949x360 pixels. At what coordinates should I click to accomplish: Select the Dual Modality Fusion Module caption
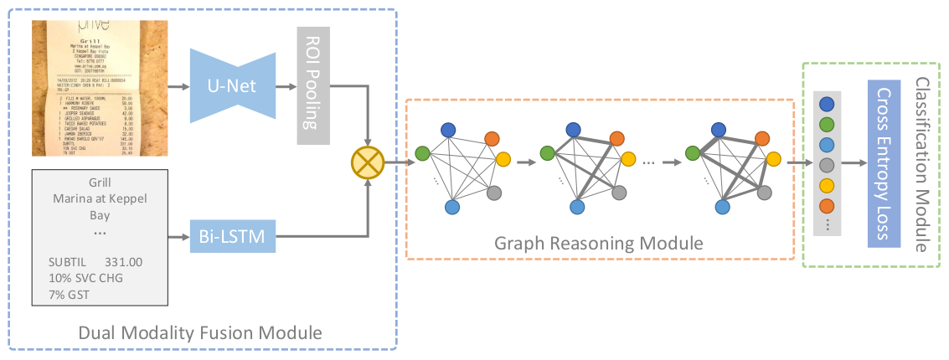(x=199, y=333)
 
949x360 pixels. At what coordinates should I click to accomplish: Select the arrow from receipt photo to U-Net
(x=178, y=85)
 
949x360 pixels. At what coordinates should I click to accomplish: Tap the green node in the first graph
(x=422, y=153)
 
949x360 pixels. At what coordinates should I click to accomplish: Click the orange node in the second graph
(x=617, y=139)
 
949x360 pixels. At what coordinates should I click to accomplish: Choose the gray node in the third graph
(x=763, y=193)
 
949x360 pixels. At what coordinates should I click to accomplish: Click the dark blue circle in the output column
(x=828, y=105)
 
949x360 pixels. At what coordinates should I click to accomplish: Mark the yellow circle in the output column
(x=828, y=184)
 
